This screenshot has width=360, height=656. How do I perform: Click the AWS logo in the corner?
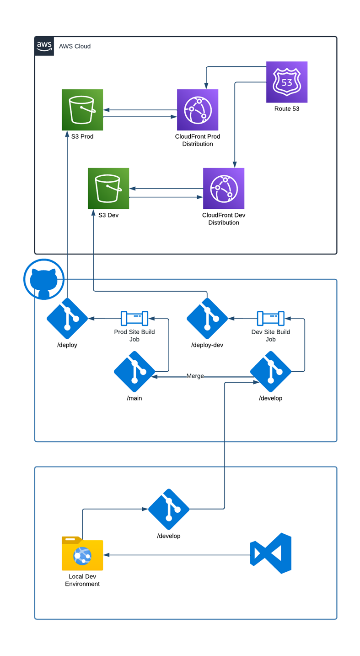coord(44,46)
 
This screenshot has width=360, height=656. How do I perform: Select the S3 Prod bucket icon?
coord(82,110)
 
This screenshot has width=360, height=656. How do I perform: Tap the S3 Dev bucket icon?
coord(108,189)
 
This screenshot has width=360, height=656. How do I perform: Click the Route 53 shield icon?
coord(287,82)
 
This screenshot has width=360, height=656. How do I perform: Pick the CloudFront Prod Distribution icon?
coord(198,110)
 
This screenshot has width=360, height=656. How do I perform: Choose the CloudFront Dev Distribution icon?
coord(224,189)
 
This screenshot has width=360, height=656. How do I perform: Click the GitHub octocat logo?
coord(44,279)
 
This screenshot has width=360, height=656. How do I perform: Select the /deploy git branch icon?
coord(67,318)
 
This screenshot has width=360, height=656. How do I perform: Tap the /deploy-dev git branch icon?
coord(207,318)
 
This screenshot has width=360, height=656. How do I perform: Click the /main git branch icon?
coord(134,371)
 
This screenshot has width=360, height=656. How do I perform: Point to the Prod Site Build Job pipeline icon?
coord(134,318)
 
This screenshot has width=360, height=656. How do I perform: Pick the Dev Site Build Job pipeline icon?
coord(271,318)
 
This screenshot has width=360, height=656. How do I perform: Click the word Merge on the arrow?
coord(195,376)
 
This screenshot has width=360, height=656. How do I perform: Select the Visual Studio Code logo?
coord(271,553)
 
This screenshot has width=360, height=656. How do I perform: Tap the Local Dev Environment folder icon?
coord(82,554)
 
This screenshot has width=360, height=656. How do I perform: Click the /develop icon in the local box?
coord(169,509)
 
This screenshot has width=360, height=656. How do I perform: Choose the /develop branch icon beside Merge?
coord(271,371)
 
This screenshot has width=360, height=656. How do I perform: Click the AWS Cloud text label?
coord(75,46)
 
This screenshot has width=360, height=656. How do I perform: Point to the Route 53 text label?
coord(287,109)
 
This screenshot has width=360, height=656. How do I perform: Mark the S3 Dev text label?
coord(108,215)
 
